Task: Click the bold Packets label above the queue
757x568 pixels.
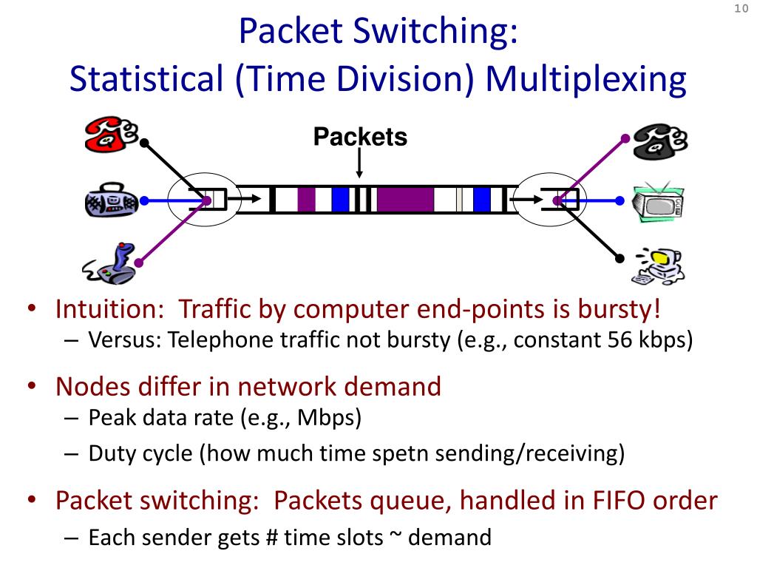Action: point(360,137)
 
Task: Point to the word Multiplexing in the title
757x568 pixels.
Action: point(586,80)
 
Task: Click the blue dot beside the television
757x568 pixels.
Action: point(617,200)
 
